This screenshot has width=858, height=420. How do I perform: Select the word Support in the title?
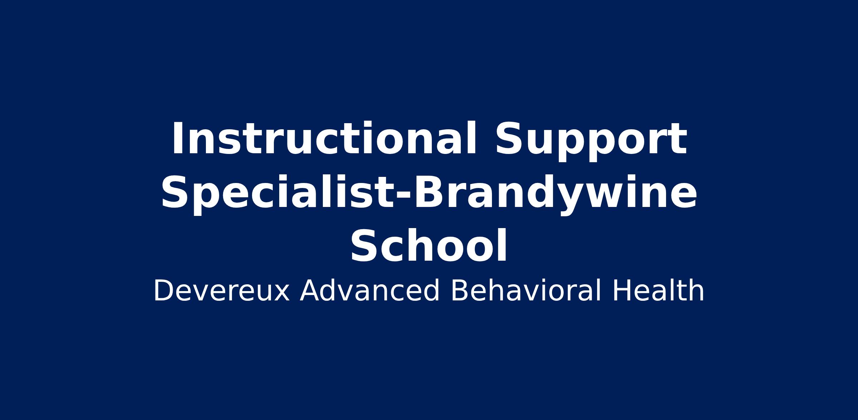[x=591, y=141]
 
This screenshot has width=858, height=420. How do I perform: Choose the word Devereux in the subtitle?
[x=221, y=291]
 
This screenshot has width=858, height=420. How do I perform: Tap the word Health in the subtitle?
[x=658, y=291]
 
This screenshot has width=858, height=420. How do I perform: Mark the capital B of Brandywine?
[x=428, y=192]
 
